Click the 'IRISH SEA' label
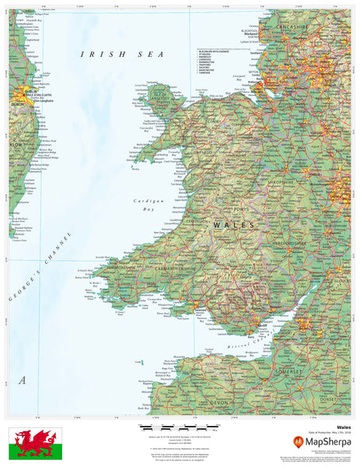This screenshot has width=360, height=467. (x=123, y=54)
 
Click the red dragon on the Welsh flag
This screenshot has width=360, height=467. (x=35, y=442)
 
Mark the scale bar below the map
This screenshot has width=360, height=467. (x=180, y=429)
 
